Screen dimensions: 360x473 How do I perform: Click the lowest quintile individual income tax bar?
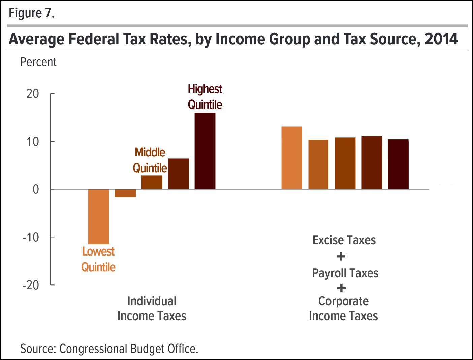99,216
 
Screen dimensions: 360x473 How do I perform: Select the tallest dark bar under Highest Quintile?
205,151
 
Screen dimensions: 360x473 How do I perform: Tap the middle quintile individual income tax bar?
152,182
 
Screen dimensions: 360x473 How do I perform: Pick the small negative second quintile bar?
125,193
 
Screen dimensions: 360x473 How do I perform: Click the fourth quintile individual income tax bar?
178,174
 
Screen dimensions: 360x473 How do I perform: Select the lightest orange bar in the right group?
291,158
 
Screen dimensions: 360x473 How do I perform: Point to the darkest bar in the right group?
398,164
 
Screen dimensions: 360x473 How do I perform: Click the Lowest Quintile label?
98,259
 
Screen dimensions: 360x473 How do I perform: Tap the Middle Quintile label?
150,160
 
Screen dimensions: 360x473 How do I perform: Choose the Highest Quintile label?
205,97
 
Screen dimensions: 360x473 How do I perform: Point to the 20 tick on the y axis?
33,94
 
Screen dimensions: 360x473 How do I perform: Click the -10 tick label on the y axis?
31,237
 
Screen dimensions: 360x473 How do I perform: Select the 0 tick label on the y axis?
36,189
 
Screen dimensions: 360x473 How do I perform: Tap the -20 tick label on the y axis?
31,285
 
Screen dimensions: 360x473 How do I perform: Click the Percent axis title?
38,62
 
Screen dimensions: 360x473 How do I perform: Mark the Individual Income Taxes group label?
152,308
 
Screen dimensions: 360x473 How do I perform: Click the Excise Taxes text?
344,240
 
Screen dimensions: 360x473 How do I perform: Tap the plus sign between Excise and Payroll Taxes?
341,257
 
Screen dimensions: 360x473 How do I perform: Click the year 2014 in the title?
441,39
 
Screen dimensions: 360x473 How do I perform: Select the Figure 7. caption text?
32,13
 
